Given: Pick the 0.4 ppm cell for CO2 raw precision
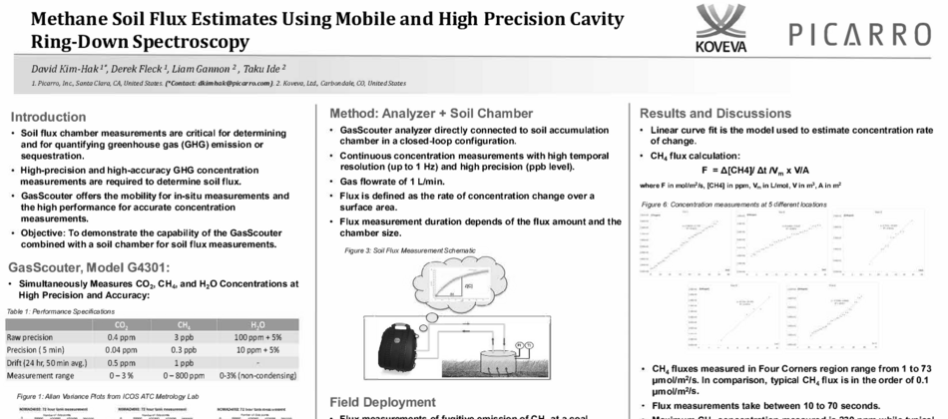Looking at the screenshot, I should tap(121, 336).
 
